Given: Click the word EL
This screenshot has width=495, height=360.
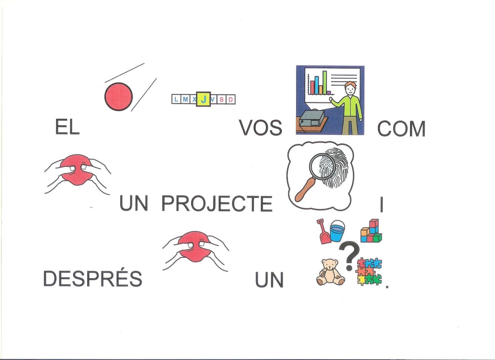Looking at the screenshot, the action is pyautogui.click(x=67, y=127).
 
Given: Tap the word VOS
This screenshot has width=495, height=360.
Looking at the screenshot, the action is pyautogui.click(x=260, y=128).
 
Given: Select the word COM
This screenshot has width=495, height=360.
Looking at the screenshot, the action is pyautogui.click(x=401, y=128).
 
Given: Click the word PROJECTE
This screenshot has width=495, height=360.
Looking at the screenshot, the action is pyautogui.click(x=217, y=204).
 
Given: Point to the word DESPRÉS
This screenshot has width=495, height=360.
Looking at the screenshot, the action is pyautogui.click(x=93, y=278).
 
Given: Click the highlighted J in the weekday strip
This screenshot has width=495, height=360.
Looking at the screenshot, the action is pyautogui.click(x=204, y=99).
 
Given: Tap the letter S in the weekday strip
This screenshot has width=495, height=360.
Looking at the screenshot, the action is pyautogui.click(x=222, y=99).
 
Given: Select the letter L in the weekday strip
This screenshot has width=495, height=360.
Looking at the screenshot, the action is pyautogui.click(x=176, y=99).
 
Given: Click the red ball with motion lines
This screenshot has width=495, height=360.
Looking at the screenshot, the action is pyautogui.click(x=119, y=96).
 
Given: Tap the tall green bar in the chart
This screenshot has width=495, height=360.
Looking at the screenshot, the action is pyautogui.click(x=325, y=82).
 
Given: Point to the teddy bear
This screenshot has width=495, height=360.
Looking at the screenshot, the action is pyautogui.click(x=329, y=272).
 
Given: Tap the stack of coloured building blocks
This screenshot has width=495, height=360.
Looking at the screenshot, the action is pyautogui.click(x=371, y=231).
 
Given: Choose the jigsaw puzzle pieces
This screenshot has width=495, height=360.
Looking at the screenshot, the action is pyautogui.click(x=369, y=271).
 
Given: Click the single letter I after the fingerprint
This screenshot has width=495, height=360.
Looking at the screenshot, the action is pyautogui.click(x=382, y=205).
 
